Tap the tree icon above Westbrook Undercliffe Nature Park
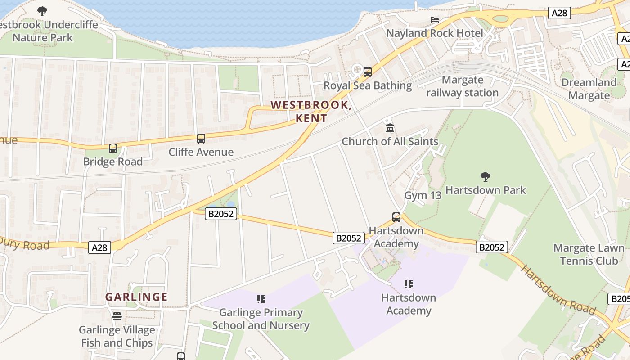point(42,11)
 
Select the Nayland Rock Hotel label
point(435,33)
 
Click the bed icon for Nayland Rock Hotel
point(435,20)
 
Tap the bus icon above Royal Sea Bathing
point(368,72)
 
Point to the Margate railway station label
point(462,86)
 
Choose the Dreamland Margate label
point(589,89)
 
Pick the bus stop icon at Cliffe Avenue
point(201,139)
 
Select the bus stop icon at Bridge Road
point(113,148)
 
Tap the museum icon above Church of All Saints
point(390,128)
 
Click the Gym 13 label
point(423,195)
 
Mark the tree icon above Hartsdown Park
point(485,176)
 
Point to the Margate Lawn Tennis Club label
point(589,254)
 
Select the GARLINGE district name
point(136,297)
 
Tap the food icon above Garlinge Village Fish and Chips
point(117,316)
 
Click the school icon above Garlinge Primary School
point(261,299)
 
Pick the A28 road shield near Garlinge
point(99,247)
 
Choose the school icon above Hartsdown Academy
point(409,284)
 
